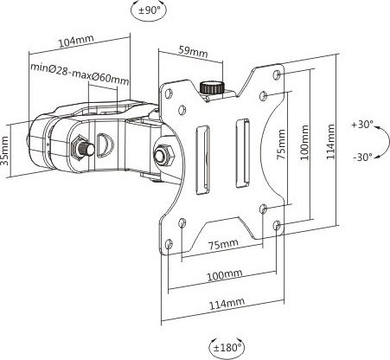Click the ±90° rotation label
[x=149, y=10]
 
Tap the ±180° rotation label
[x=227, y=347]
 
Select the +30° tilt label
[x=362, y=125]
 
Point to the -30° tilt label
[x=362, y=157]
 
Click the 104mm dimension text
[x=76, y=41]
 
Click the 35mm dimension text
[x=5, y=151]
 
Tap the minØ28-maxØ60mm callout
[x=80, y=74]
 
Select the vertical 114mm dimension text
[x=330, y=141]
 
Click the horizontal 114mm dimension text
[x=227, y=304]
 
